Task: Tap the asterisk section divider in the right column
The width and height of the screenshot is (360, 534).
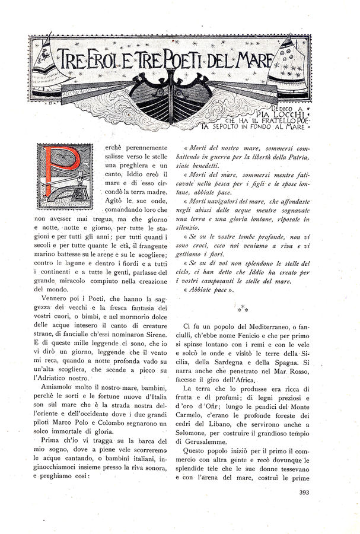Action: coord(243,309)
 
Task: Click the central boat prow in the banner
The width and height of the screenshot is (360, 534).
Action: coord(171,98)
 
